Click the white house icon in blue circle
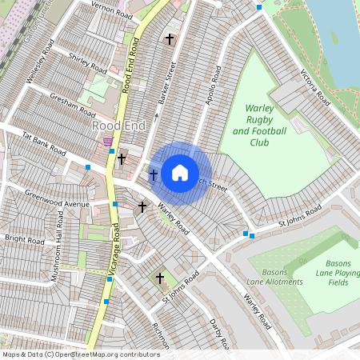(180, 172)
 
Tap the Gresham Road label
(73, 106)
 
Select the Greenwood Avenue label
(57, 199)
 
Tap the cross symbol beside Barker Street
(169, 38)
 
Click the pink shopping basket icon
(108, 142)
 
